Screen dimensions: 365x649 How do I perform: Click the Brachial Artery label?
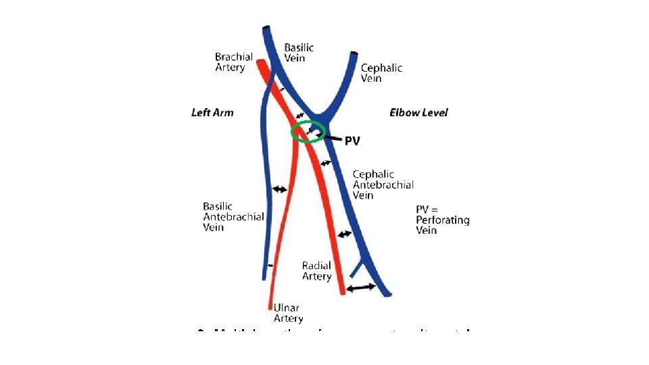[234, 62]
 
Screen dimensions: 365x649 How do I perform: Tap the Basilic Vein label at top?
[299, 53]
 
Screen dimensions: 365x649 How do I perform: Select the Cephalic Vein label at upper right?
[381, 72]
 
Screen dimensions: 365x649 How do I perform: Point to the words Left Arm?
[212, 112]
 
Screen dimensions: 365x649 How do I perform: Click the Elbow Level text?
[418, 112]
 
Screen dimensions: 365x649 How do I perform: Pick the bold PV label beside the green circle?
[352, 141]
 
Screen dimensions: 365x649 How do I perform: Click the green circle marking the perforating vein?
[308, 132]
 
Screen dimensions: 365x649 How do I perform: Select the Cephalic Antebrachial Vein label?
[383, 185]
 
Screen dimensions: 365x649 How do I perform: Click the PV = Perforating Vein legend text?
[442, 220]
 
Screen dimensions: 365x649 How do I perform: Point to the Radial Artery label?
[316, 271]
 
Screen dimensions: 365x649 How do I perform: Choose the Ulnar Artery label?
[288, 313]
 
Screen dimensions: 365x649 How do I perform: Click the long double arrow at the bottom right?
[360, 288]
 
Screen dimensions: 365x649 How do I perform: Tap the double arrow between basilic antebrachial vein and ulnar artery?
[279, 190]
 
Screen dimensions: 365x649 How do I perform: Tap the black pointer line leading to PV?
[331, 139]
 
